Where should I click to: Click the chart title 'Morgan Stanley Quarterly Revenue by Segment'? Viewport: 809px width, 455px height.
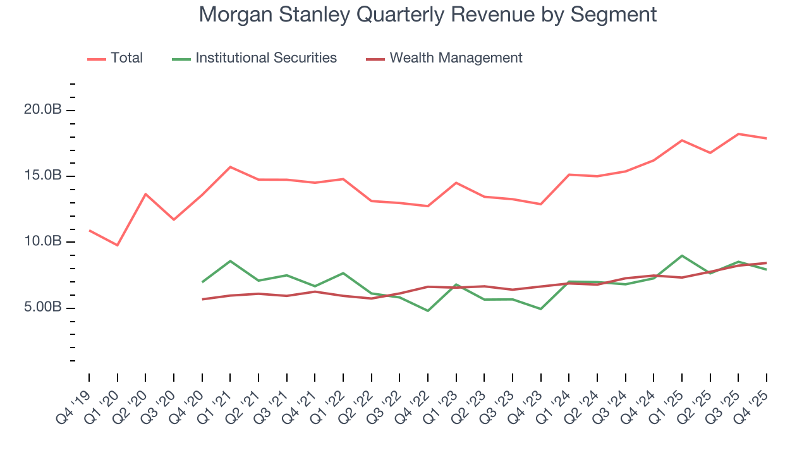[428, 14]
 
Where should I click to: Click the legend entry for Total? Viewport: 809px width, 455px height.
[126, 58]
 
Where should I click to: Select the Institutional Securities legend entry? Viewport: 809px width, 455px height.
[265, 58]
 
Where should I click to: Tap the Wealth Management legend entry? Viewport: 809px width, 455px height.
[456, 58]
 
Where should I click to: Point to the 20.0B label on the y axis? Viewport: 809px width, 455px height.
[43, 110]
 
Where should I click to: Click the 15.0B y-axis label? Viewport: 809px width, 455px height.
[43, 176]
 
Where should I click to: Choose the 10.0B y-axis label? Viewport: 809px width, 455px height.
[43, 242]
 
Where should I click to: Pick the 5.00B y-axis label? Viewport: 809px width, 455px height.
[43, 308]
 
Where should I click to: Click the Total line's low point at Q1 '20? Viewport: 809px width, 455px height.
[118, 245]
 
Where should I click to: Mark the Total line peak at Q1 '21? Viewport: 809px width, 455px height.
[230, 167]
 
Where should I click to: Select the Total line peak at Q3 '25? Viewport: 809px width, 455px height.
[738, 134]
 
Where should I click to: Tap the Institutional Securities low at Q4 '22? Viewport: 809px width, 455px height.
[428, 311]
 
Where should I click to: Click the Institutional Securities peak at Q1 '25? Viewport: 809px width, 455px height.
[682, 255]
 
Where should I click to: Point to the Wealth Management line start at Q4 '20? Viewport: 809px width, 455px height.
[202, 299]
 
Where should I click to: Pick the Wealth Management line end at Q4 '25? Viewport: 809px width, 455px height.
[767, 263]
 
